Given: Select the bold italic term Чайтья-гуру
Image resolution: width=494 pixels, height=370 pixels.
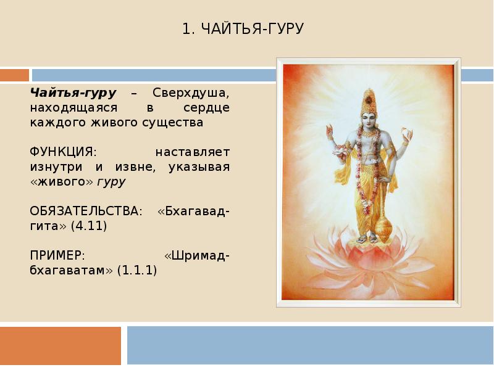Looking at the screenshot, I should coord(73,92).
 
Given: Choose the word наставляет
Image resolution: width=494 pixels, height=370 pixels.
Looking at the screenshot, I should coord(192,152).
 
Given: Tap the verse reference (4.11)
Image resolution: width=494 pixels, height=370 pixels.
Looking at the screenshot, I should coord(89,226).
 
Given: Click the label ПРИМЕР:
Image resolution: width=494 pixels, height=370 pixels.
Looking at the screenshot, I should coord(57,255).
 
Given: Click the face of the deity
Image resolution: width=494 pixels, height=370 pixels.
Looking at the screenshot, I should coord(369,119).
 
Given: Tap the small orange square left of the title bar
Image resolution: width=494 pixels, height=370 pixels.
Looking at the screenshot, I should coord(14,75).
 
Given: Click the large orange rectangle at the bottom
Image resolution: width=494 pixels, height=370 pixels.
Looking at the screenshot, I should coord(60,345).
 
